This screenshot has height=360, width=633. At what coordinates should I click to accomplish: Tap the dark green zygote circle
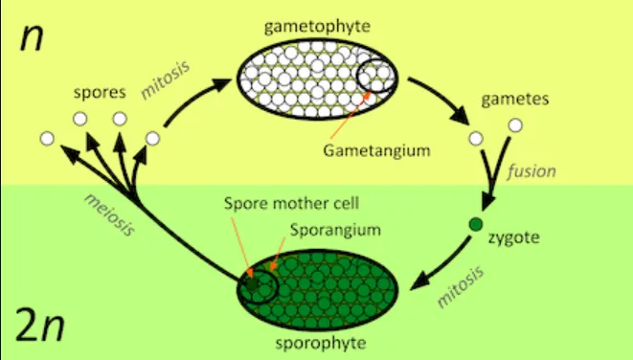(x=474, y=225)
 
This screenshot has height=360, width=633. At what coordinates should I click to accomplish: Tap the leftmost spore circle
(x=46, y=140)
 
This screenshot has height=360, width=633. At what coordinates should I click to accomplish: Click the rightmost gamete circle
(x=515, y=124)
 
